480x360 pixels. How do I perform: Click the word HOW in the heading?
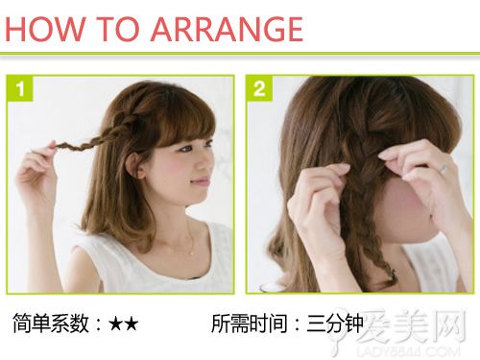point(45,29)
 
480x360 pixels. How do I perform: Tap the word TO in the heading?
point(118,29)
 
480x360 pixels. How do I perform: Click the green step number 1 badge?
point(19,88)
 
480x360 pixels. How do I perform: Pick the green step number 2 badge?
point(259,88)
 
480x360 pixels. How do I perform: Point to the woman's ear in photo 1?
point(135,165)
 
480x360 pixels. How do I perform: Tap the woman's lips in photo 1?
point(200,181)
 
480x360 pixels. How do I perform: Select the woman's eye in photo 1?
point(185,149)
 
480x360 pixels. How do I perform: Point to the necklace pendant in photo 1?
point(192,252)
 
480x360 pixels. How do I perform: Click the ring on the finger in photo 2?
point(444,168)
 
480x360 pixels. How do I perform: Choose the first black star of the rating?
point(116,324)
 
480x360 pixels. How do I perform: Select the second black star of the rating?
point(132,324)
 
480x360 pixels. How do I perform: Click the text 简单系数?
point(51,324)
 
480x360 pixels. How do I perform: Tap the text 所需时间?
point(250,324)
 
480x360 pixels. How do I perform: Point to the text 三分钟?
point(335,324)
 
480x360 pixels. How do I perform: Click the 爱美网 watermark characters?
point(413,325)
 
